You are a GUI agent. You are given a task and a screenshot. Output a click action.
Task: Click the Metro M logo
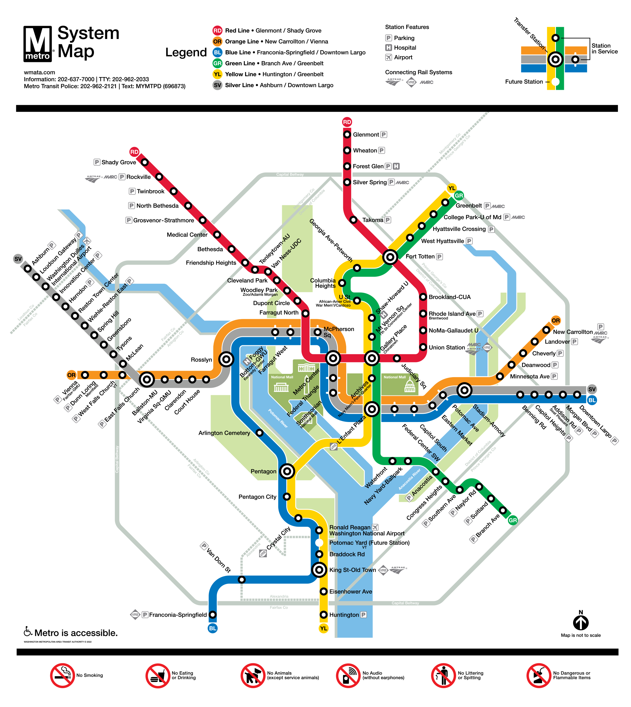[38, 44]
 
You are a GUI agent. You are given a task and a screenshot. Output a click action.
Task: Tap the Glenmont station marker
[347, 134]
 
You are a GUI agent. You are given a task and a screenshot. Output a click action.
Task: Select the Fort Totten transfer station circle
[390, 257]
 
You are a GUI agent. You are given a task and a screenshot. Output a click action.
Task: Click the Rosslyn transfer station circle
[226, 359]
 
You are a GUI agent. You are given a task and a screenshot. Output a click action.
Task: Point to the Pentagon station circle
[287, 471]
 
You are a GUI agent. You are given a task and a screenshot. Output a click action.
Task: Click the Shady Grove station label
[118, 162]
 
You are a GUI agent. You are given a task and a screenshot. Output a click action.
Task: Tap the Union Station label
[447, 347]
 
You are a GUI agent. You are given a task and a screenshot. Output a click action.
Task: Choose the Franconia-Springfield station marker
[212, 615]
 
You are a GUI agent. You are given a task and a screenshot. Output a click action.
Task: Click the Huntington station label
[344, 615]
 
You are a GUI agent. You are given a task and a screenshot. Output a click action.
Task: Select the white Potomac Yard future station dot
[319, 543]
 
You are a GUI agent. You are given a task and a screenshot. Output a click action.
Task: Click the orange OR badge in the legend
[217, 42]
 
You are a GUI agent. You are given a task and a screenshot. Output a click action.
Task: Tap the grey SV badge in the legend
[217, 85]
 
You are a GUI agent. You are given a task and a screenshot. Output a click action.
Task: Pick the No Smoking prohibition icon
[62, 675]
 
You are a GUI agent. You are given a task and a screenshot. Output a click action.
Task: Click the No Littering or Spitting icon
[443, 675]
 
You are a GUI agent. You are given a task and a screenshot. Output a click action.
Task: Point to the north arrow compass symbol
[581, 623]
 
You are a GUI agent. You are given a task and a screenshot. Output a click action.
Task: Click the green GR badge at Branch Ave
[513, 520]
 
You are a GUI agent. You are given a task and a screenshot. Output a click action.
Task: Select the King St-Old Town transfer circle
[319, 569]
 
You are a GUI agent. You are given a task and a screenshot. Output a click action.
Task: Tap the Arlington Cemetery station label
[224, 433]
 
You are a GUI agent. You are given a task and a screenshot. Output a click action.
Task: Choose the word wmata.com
[40, 72]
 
